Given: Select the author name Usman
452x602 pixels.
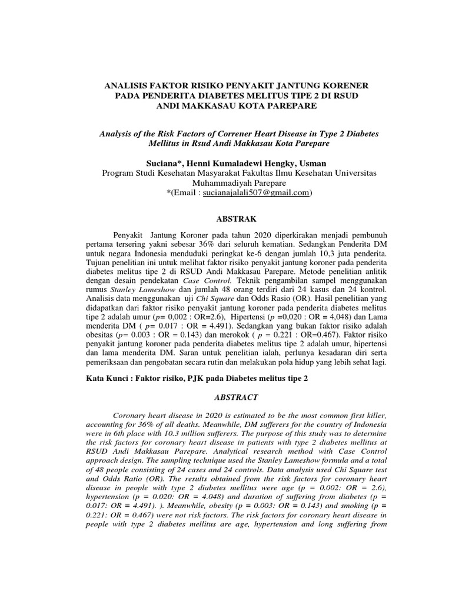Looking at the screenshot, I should coord(311,163).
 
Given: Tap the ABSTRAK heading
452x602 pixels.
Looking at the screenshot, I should coord(237,219).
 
